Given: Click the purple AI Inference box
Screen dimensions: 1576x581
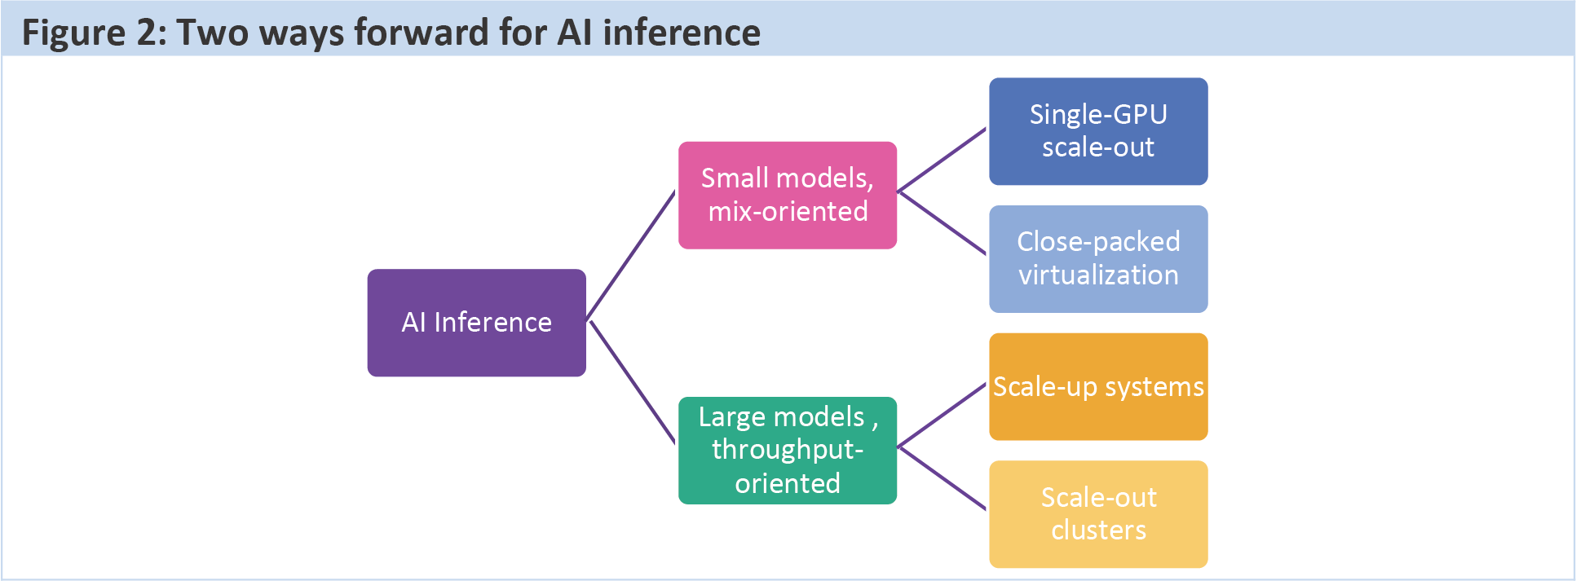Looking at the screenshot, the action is (477, 323).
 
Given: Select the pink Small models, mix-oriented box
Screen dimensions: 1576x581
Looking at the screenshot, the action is (788, 196).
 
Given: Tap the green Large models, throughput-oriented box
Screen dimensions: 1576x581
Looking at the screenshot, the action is (788, 451).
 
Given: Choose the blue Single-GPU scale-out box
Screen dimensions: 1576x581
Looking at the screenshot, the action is (1098, 131).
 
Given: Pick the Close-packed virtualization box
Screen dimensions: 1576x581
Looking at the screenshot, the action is (1098, 259).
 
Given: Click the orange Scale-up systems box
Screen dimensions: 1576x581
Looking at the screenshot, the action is (1098, 387).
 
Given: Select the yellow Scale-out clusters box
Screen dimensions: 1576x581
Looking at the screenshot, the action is (1098, 514).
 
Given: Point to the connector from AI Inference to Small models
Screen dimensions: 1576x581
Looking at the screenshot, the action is (631, 255).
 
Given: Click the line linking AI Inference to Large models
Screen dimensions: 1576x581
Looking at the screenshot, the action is (633, 382).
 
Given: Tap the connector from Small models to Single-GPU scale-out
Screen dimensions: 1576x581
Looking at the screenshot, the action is (942, 161).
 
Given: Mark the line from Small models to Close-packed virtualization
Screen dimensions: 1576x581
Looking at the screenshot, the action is (942, 223).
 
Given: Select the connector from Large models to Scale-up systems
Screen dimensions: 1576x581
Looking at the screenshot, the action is (942, 415).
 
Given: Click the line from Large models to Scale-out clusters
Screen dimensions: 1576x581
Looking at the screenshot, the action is (942, 478).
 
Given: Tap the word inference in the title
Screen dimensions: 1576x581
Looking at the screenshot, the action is (682, 33).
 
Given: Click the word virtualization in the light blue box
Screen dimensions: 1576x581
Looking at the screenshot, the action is (1098, 275).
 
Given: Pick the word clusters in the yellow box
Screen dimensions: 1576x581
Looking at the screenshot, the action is (1098, 530).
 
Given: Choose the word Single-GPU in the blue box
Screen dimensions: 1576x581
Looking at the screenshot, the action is (1098, 115).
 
